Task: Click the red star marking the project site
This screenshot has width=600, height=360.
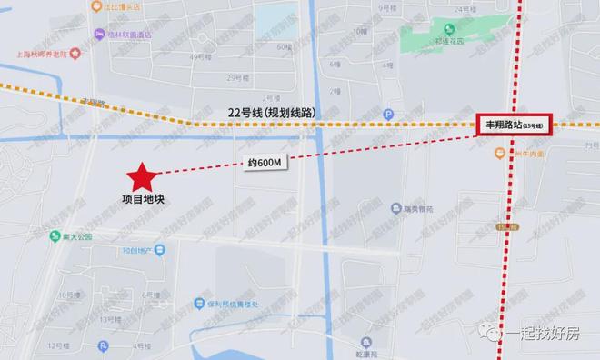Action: [x=142, y=175]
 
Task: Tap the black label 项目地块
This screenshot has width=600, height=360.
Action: [x=144, y=200]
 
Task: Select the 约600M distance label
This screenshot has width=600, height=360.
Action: [x=265, y=164]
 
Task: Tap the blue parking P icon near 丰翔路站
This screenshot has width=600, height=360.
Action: [x=389, y=114]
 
